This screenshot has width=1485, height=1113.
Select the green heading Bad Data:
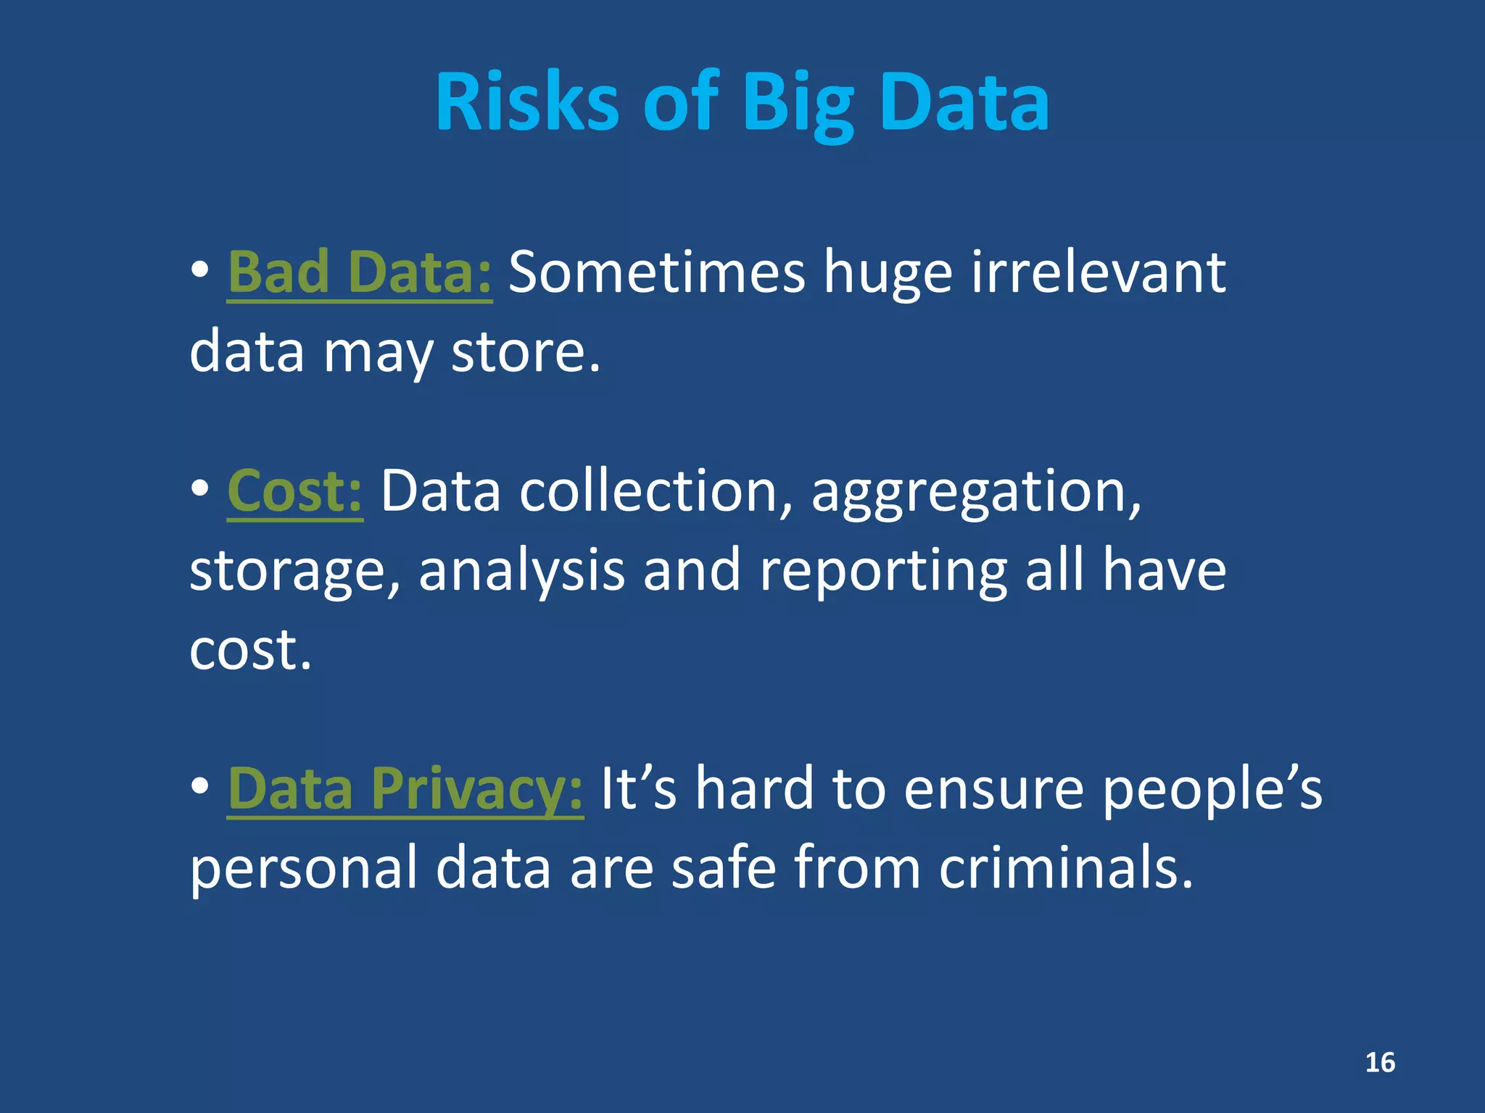click(x=360, y=272)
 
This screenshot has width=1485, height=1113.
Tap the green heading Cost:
click(x=294, y=491)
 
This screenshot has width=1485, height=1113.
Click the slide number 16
click(x=1380, y=1062)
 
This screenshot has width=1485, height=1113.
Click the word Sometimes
click(x=656, y=272)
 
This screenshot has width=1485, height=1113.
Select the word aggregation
click(x=975, y=493)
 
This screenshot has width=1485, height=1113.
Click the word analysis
click(x=521, y=571)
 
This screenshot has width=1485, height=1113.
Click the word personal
click(x=304, y=870)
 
